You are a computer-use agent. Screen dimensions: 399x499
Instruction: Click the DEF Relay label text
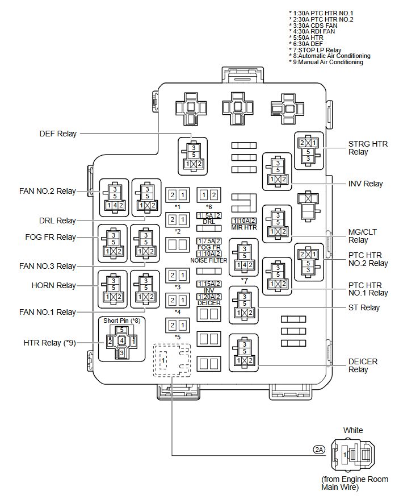pos(58,134)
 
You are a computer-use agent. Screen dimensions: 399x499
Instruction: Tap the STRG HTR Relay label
pos(368,148)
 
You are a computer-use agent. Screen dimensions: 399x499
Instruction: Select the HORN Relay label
pos(54,285)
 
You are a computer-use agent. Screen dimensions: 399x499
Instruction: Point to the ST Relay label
pos(364,307)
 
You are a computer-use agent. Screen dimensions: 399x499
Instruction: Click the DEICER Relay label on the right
pos(363,365)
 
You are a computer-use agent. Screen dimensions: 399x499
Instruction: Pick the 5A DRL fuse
pos(209,215)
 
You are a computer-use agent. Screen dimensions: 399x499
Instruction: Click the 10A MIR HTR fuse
pos(244,221)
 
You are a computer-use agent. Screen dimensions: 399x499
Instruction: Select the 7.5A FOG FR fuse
pos(209,241)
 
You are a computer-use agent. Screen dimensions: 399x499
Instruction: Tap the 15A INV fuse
pos(209,284)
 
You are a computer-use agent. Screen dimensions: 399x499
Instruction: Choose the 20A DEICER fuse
pos(209,297)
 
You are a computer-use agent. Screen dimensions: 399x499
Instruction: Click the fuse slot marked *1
pos(178,195)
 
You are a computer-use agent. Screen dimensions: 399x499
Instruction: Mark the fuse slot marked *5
pos(178,325)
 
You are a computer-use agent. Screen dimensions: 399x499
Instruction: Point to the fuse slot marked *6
pos(209,195)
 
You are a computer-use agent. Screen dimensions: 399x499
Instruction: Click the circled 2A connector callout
pos(319,450)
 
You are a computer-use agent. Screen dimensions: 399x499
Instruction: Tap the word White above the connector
pos(353,430)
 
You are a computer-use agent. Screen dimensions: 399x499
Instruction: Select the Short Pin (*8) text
pos(122,321)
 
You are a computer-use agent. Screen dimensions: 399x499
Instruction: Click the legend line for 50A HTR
pos(306,38)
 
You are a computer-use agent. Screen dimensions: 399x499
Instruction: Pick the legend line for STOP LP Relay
pos(315,50)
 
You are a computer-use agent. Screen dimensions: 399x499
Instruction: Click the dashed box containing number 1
pos(172,360)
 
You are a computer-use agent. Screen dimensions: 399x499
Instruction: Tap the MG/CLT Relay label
pos(363,236)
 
